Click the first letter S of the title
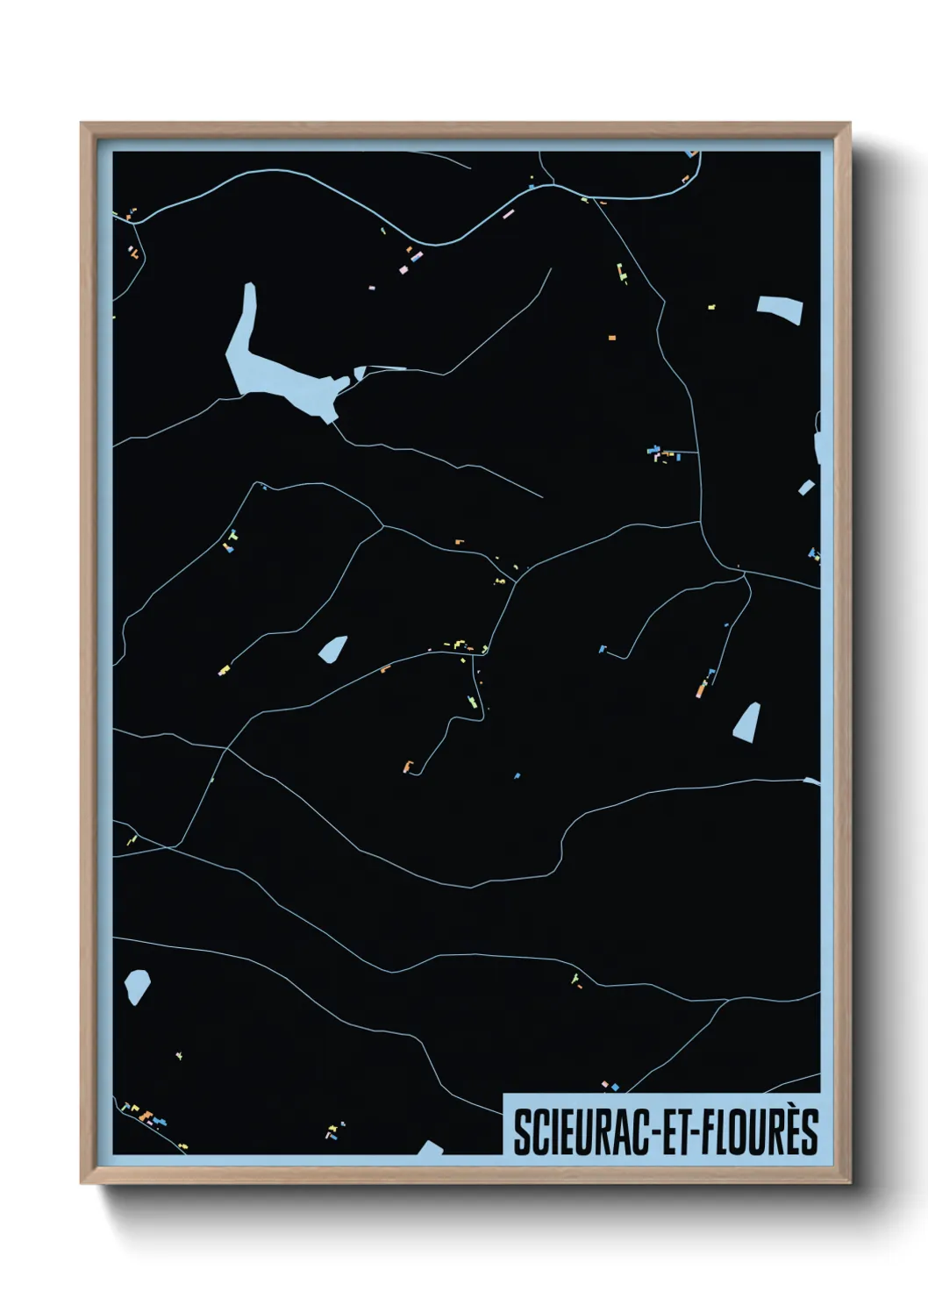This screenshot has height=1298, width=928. pos(520,1131)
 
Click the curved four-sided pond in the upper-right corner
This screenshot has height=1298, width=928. pos(780,309)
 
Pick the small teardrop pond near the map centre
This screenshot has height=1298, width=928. pos(332,649)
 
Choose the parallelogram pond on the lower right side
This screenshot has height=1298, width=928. pos(746,723)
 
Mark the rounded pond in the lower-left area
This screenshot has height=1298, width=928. pos(137,986)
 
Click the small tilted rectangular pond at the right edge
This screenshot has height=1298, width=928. pos(806,488)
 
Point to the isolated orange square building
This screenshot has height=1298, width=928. pos(612,337)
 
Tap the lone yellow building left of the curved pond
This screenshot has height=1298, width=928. pos(711,307)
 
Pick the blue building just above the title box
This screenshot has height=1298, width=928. pos(615,1088)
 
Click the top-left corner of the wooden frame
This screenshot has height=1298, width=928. pos(82,124)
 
